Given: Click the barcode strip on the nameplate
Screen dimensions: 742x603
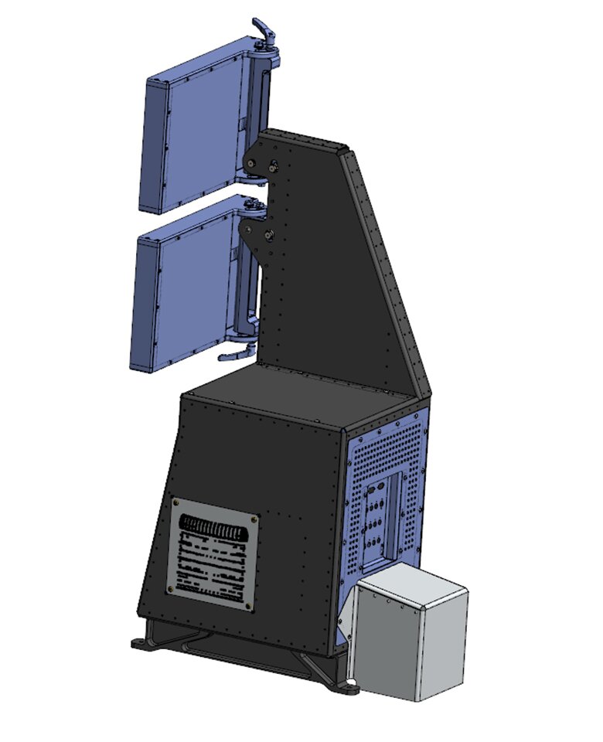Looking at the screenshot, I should pyautogui.click(x=218, y=533).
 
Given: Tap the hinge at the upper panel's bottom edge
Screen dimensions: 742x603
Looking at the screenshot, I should pyautogui.click(x=252, y=179).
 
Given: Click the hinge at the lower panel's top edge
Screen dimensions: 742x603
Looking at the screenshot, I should pyautogui.click(x=252, y=206).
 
